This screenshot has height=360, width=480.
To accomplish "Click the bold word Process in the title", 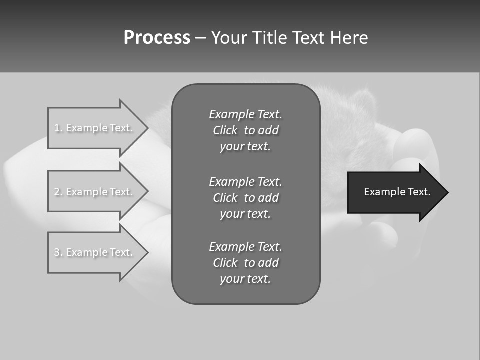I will click(157, 38).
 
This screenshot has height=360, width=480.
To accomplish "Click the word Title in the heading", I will click(270, 38).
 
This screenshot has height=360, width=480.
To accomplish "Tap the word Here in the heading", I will click(348, 38).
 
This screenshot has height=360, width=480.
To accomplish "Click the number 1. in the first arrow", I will click(58, 128).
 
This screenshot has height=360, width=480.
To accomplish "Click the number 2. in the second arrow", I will click(58, 192).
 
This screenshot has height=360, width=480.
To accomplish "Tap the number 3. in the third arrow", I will click(58, 252).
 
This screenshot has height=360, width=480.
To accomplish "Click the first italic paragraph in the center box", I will click(245, 130).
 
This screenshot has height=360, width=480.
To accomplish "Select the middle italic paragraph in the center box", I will click(245, 198).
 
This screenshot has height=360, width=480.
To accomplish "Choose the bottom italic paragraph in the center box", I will click(245, 263).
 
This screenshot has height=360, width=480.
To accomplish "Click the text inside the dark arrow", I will click(397, 192).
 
